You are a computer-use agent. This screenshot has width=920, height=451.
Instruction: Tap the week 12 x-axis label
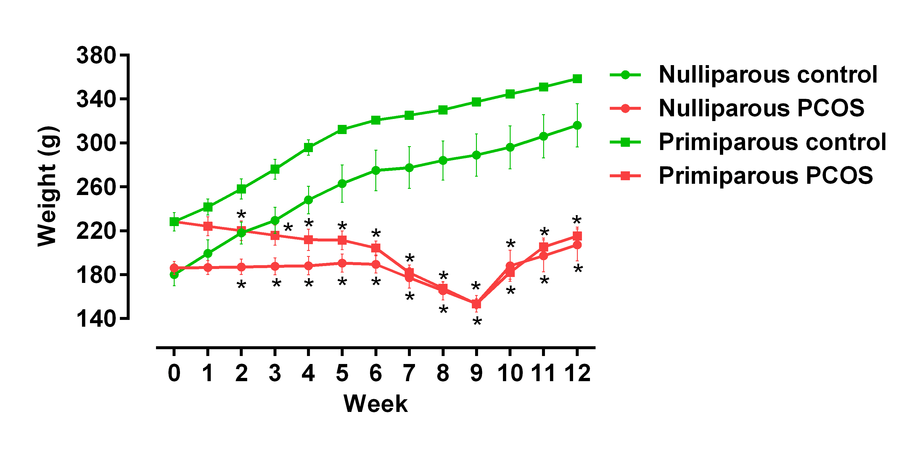pyautogui.click(x=577, y=373)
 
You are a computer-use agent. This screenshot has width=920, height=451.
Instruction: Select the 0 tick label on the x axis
pyautogui.click(x=174, y=373)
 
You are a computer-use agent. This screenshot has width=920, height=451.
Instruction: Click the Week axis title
pyautogui.click(x=375, y=404)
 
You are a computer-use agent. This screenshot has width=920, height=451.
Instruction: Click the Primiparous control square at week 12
pyautogui.click(x=577, y=78)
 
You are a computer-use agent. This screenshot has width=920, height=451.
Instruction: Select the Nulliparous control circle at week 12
pyautogui.click(x=577, y=125)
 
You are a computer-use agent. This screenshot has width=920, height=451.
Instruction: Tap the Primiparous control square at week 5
pyautogui.click(x=342, y=129)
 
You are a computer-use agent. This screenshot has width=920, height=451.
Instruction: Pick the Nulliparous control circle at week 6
pyautogui.click(x=376, y=170)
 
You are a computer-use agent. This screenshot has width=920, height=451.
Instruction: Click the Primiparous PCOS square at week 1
pyautogui.click(x=208, y=226)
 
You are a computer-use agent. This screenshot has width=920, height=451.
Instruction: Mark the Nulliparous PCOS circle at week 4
pyautogui.click(x=308, y=266)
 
